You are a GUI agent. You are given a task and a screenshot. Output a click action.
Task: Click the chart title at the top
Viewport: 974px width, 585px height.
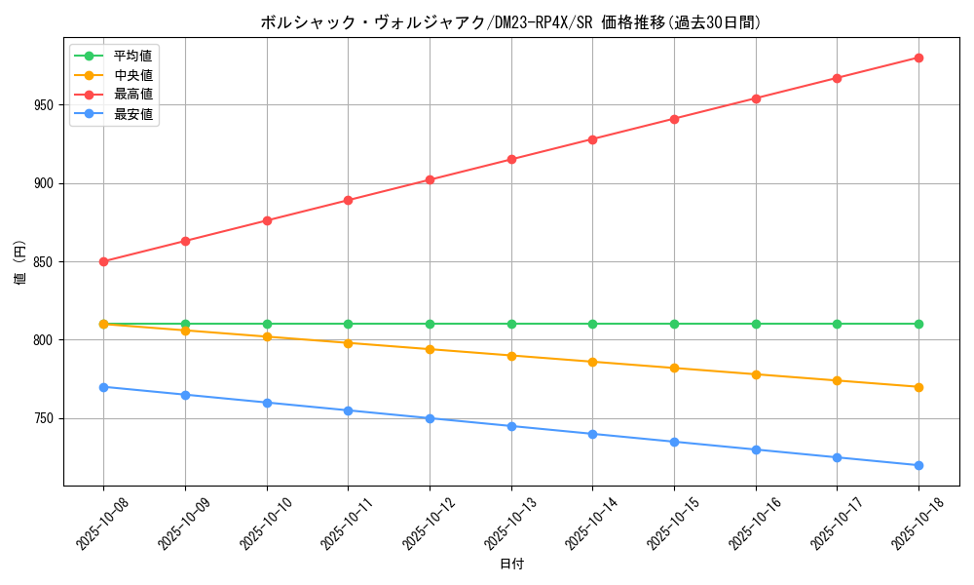(510, 22)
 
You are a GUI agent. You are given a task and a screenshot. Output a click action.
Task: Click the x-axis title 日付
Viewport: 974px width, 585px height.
(511, 565)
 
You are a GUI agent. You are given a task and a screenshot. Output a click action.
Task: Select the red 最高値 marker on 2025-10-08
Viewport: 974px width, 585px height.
(103, 261)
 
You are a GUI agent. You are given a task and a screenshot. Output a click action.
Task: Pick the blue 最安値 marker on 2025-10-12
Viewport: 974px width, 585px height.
(430, 418)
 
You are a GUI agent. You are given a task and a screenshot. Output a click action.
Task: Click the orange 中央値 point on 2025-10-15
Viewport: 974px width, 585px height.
(674, 368)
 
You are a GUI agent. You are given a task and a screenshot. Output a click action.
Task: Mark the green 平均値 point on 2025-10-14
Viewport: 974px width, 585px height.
(592, 324)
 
